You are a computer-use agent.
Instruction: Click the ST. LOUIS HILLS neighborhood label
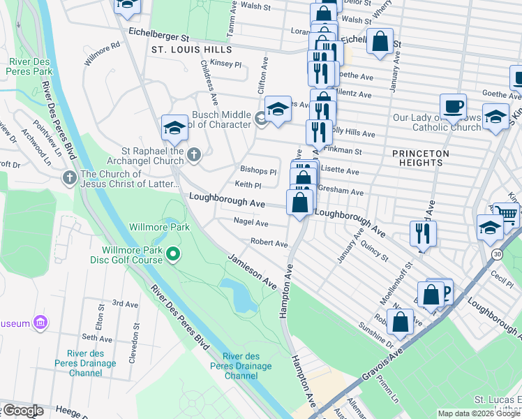point(191,50)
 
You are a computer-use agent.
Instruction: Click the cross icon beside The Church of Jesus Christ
point(69,177)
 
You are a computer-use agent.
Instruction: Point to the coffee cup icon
point(453,106)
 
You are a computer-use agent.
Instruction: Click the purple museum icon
point(41,323)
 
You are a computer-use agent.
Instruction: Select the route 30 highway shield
point(496,253)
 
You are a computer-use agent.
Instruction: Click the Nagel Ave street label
point(251,223)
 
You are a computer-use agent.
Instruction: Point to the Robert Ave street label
point(269,244)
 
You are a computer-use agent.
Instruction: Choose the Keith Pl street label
point(248,186)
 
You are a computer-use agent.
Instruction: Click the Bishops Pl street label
point(258,170)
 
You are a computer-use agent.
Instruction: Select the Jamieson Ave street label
point(252,272)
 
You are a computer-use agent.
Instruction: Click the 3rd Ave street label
point(126,304)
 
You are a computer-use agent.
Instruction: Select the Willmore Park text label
point(160,227)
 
